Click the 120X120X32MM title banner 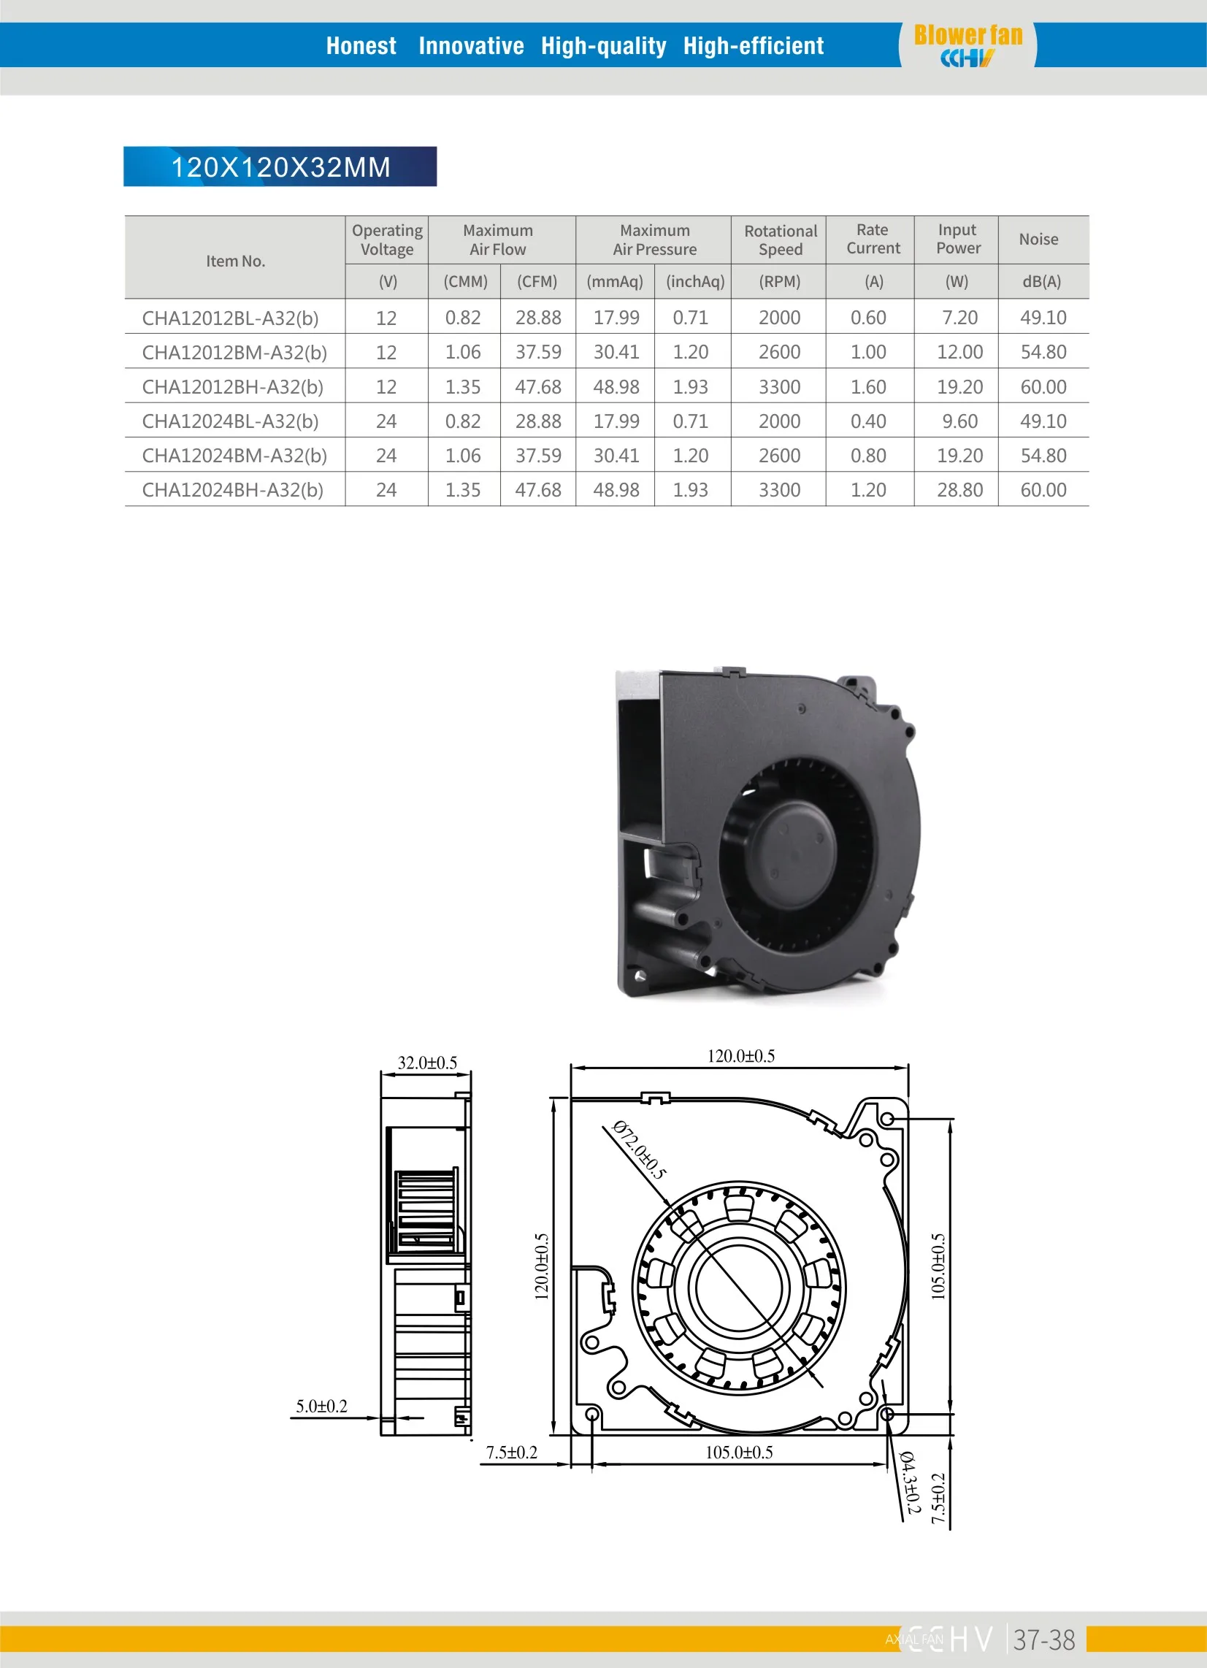(280, 167)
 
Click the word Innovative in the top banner (471, 45)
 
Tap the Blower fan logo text (967, 35)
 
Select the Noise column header (1038, 239)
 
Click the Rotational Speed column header (780, 240)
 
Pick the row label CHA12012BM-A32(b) (234, 352)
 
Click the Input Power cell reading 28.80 (959, 490)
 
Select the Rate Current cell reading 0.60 (868, 318)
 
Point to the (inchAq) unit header (694, 282)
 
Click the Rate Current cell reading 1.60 (868, 387)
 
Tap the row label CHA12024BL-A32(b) (229, 421)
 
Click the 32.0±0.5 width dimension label (426, 1063)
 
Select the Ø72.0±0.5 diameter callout (638, 1150)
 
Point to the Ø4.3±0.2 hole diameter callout (910, 1483)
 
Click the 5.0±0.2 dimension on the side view (321, 1406)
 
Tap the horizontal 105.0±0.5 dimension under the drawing (738, 1453)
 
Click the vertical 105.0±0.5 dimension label (938, 1266)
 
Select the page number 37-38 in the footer (1043, 1640)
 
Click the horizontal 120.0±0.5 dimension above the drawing (740, 1056)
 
